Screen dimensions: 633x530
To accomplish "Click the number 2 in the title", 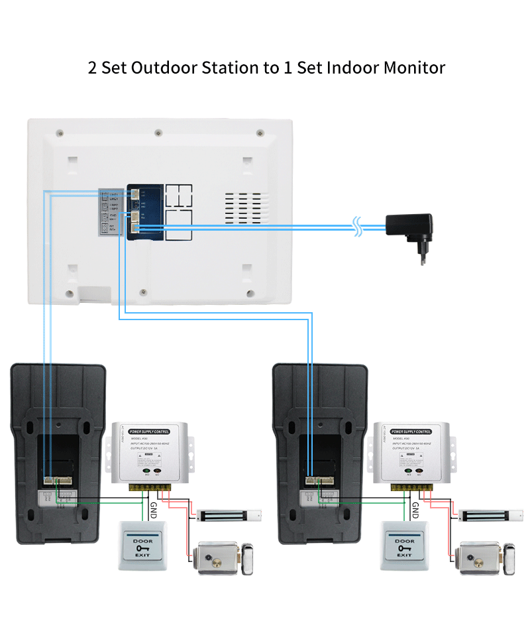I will click(x=92, y=68).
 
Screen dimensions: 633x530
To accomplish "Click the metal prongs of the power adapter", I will click(x=419, y=257).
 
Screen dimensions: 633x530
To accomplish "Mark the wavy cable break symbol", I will click(x=358, y=227).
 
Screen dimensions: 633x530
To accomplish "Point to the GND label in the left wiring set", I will click(x=152, y=510).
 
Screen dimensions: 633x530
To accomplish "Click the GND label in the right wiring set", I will click(x=415, y=510).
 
